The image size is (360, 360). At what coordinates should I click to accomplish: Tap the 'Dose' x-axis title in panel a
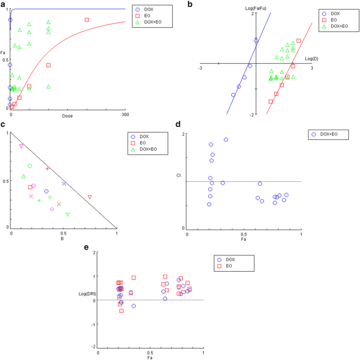tap(67, 115)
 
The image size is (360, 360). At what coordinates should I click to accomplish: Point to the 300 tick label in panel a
tap(125, 114)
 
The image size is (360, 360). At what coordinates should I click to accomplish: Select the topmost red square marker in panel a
tap(87, 20)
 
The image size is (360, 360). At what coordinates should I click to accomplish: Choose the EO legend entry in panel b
tap(336, 18)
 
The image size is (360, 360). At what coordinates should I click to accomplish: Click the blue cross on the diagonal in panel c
tap(64, 183)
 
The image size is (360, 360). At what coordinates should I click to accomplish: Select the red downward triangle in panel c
tap(90, 197)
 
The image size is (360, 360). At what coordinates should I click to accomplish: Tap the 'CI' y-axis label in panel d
tap(179, 174)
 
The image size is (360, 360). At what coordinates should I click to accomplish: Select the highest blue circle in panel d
tap(226, 140)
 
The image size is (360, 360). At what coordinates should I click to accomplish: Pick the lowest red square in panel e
tap(121, 311)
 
